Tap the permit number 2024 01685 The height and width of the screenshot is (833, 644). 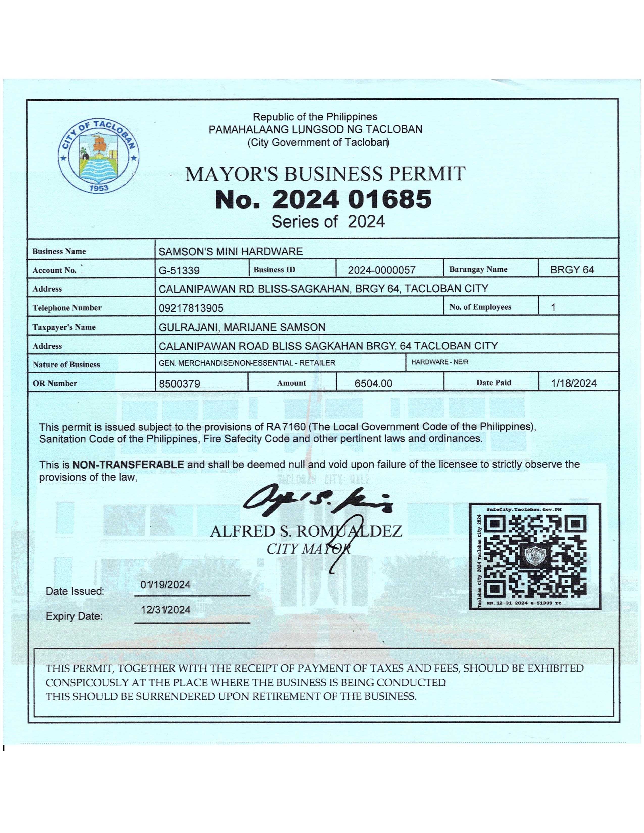click(x=323, y=199)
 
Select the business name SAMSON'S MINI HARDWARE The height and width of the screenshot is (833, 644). click(x=230, y=251)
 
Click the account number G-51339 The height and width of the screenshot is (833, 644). click(x=179, y=270)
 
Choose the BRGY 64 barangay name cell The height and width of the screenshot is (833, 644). click(x=572, y=270)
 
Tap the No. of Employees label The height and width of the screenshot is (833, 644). click(x=480, y=307)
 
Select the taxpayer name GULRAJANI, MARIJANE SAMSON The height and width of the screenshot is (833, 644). click(x=242, y=327)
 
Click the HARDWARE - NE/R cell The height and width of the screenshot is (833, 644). click(x=440, y=362)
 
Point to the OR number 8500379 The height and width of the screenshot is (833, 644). click(x=179, y=384)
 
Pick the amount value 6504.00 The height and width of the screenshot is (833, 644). click(x=373, y=384)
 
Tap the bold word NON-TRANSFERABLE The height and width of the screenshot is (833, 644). click(x=128, y=464)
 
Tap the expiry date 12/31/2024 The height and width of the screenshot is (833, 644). click(x=166, y=610)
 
